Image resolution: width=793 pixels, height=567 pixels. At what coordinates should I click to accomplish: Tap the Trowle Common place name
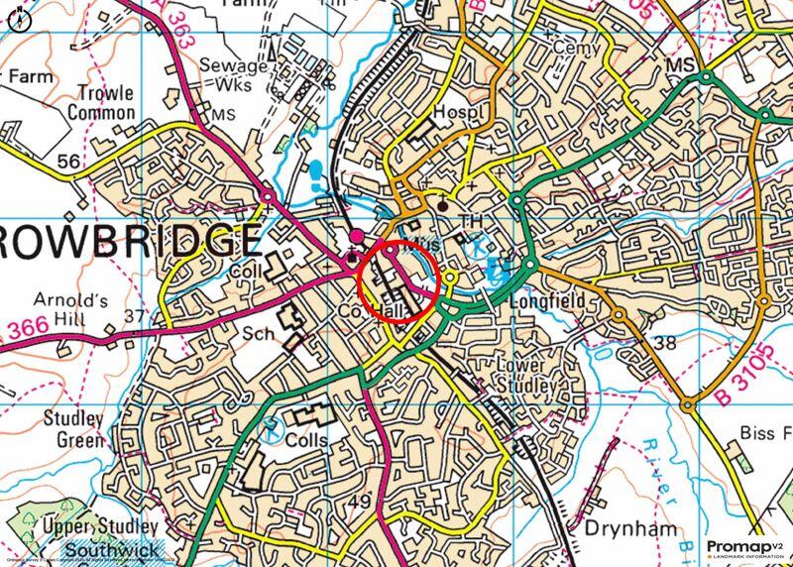[101, 103]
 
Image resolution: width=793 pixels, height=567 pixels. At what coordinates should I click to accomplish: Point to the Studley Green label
[72, 428]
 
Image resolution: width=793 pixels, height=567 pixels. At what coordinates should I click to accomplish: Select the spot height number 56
[68, 162]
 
